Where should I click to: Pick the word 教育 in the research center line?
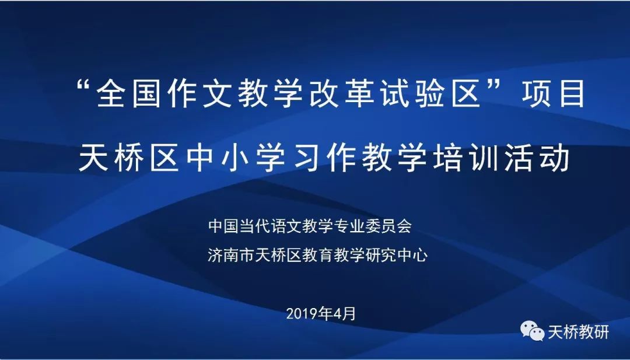(x=318, y=255)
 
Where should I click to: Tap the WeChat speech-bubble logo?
(x=533, y=331)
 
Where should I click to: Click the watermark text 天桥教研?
(x=579, y=332)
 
